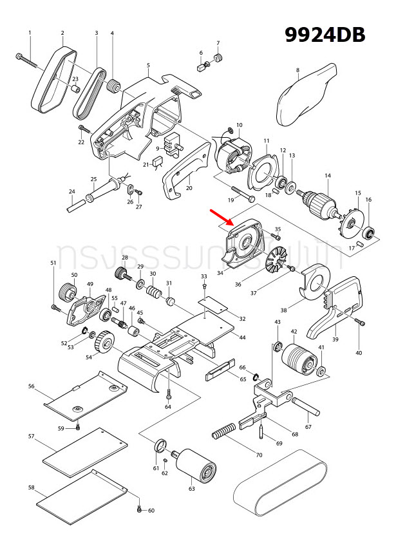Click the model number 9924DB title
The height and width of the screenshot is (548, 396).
point(325,34)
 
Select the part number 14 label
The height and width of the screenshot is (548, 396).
point(327,176)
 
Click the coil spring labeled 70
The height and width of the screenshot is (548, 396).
point(228,434)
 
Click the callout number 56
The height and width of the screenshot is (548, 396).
point(31,386)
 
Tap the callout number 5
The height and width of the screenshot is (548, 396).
point(148,65)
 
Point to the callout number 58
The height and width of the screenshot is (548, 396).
point(31,487)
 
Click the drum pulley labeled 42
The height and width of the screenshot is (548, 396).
point(298,357)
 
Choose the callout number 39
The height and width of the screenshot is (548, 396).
point(335,339)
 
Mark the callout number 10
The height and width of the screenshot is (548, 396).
point(239,125)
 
